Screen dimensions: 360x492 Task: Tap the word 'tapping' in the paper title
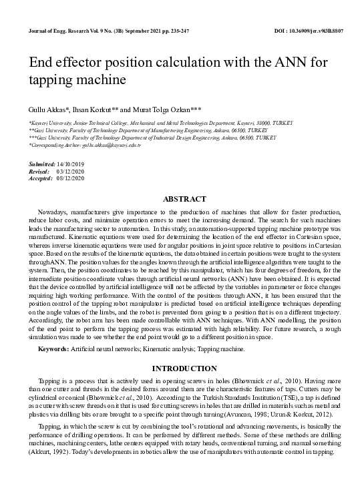click(x=52, y=80)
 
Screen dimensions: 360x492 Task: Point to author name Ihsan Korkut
click(x=92, y=109)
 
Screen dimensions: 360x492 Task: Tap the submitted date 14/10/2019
click(x=71, y=164)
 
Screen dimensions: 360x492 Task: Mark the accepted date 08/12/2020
click(x=71, y=178)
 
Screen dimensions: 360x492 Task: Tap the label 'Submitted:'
click(x=41, y=164)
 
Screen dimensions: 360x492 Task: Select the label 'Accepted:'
click(x=41, y=178)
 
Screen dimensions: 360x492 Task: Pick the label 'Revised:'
click(x=39, y=171)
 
